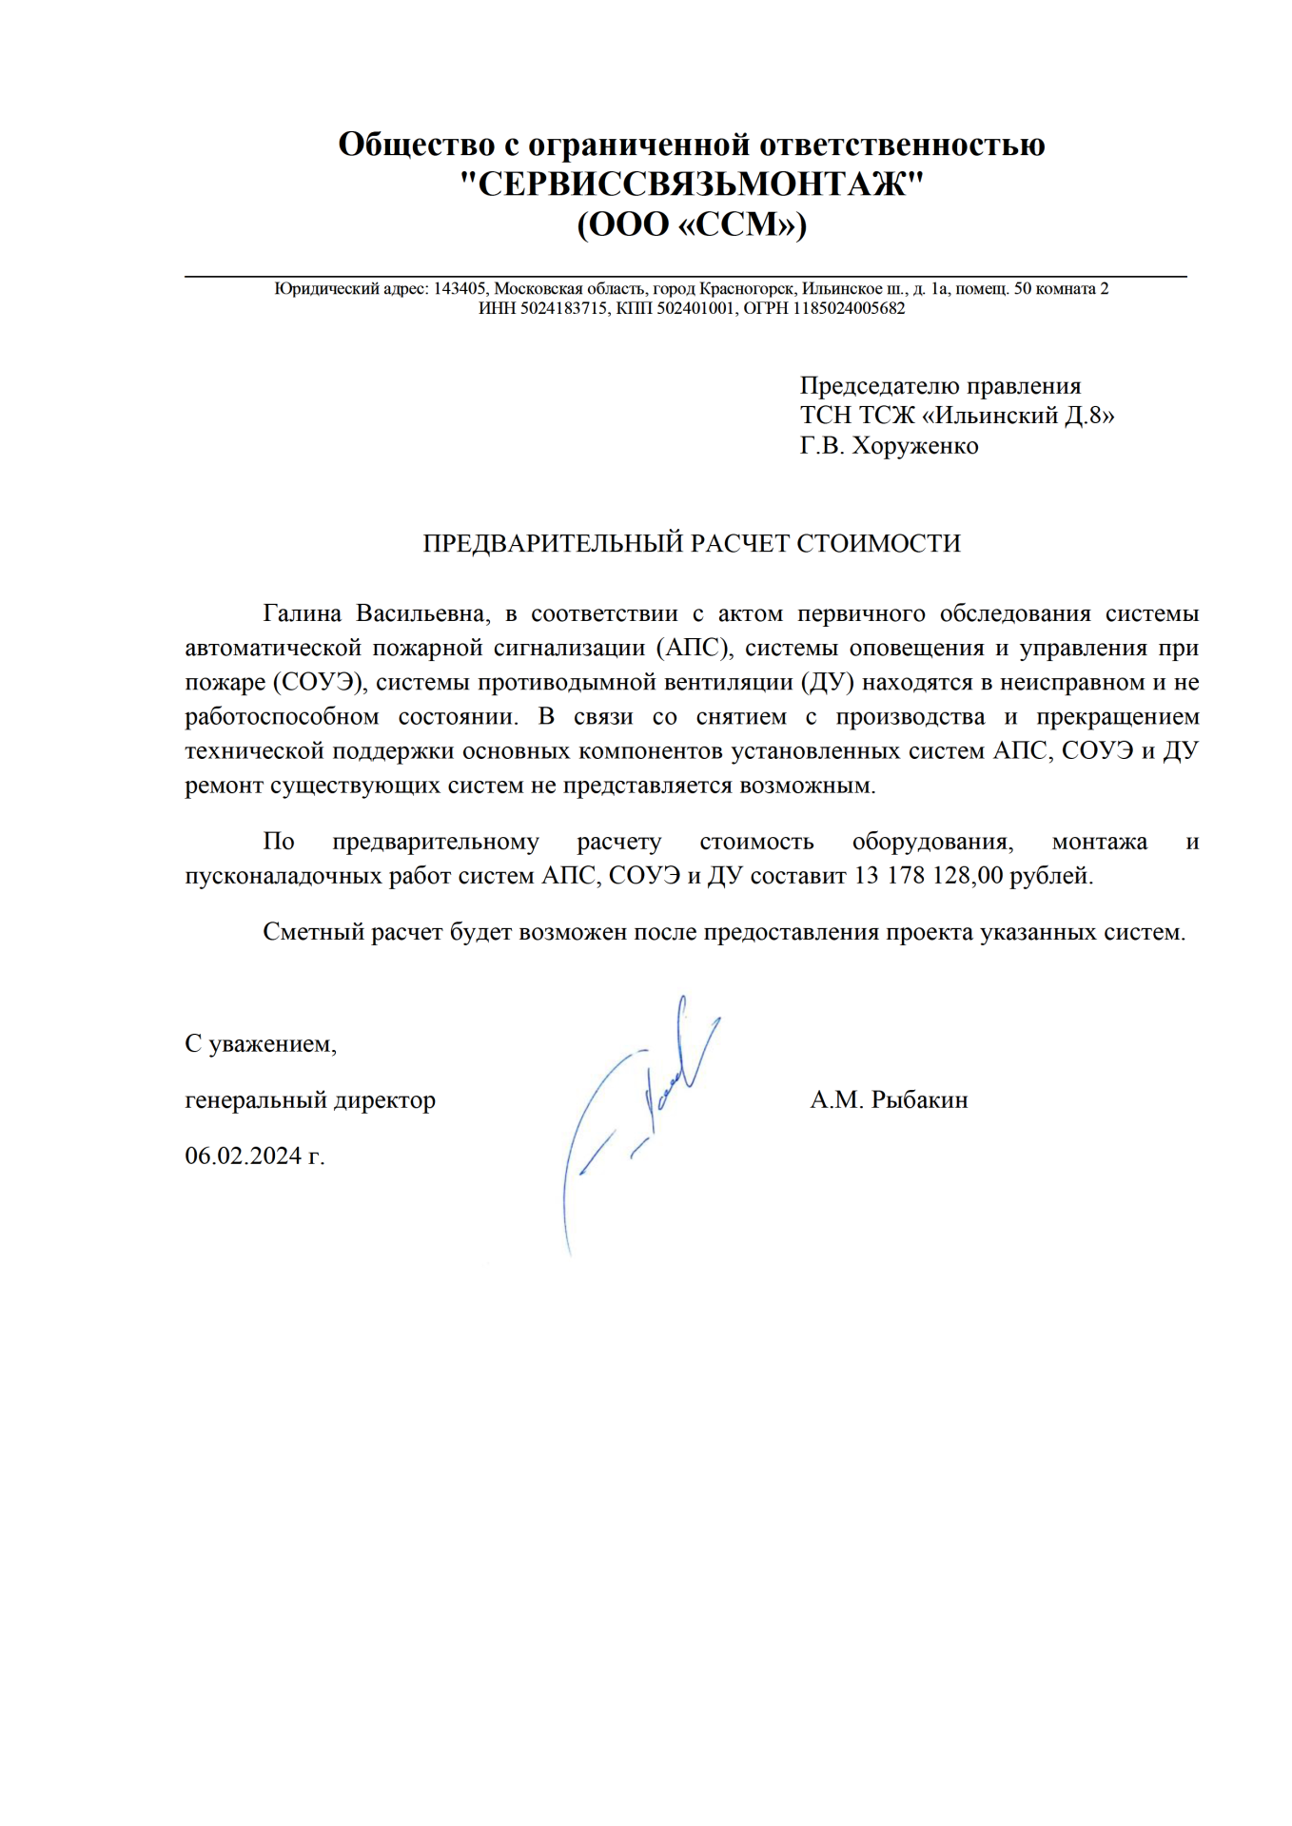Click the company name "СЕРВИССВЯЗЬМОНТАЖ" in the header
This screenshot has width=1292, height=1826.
pyautogui.click(x=692, y=184)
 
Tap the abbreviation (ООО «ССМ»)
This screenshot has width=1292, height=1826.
pyautogui.click(x=692, y=224)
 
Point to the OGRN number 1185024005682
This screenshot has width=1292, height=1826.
pyautogui.click(x=849, y=308)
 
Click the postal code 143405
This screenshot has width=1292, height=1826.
pyautogui.click(x=460, y=288)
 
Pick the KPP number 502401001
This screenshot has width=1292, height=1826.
pyautogui.click(x=695, y=308)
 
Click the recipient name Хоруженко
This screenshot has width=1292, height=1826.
pyautogui.click(x=914, y=445)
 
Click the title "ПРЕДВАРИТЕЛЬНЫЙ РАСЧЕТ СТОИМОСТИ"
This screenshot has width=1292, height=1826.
pyautogui.click(x=692, y=543)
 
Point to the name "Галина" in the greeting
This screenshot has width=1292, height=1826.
pyautogui.click(x=302, y=613)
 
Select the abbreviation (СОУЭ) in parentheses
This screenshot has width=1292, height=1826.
pyautogui.click(x=320, y=682)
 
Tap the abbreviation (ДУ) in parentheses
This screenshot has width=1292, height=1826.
pyautogui.click(x=827, y=682)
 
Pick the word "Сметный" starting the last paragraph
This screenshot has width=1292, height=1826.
pyautogui.click(x=313, y=932)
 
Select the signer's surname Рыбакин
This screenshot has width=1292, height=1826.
pyautogui.click(x=919, y=1100)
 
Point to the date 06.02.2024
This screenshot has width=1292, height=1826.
pyautogui.click(x=243, y=1156)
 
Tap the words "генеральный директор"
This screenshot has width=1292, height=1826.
pyautogui.click(x=310, y=1100)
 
